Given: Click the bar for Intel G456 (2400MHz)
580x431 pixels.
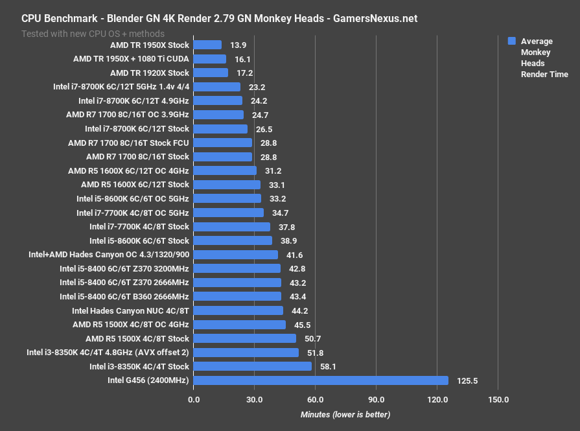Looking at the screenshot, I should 321,380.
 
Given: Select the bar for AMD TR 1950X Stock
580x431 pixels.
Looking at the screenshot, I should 207,45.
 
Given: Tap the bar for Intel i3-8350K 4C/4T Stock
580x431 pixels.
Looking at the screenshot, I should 252,366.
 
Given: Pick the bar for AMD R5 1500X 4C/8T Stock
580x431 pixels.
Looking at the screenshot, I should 244,338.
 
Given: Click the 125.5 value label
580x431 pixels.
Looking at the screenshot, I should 467,381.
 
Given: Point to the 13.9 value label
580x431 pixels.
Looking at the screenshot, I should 238,45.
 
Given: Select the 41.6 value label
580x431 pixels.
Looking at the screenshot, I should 295,255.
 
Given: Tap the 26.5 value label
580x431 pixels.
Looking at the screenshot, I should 264,129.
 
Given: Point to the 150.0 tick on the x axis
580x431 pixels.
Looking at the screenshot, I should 498,399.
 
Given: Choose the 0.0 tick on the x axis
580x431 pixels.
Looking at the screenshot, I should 194,399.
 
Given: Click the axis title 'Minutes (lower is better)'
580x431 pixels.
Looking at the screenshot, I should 345,414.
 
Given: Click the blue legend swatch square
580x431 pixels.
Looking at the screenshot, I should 511,41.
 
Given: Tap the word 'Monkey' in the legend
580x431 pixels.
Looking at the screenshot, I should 535,52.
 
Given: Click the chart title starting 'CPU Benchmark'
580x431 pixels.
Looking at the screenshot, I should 219,18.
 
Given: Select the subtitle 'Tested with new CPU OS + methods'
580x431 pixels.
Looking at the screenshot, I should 93,33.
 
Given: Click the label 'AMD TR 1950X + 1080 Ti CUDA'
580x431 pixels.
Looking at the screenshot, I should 131,59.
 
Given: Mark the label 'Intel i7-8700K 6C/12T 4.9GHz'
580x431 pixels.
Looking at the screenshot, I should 133,101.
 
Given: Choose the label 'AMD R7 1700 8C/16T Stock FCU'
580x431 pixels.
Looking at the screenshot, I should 128,143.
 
